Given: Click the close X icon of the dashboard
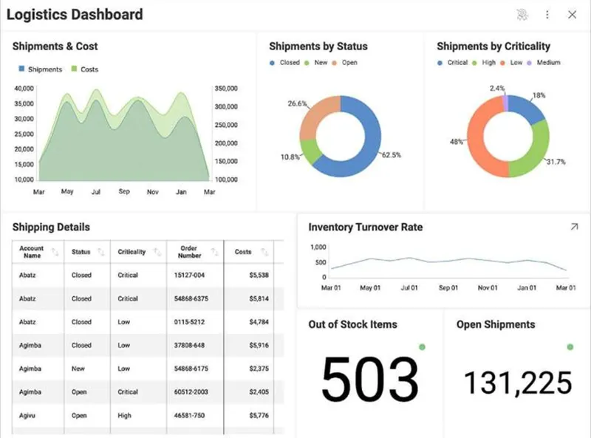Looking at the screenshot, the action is click(x=572, y=15).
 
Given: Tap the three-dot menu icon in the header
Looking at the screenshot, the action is click(x=547, y=15).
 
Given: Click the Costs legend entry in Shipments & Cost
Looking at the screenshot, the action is click(x=85, y=69).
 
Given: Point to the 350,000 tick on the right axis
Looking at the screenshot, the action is click(x=226, y=89).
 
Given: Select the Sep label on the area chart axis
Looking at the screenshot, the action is click(x=124, y=191).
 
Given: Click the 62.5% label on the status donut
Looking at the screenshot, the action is click(x=392, y=155).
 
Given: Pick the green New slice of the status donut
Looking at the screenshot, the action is click(x=310, y=151).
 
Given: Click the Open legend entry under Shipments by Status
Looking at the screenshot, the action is click(x=344, y=63).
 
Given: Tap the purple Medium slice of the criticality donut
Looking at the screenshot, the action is click(x=505, y=103).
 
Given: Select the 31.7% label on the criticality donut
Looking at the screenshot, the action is click(x=556, y=162).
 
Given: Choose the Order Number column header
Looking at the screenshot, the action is click(x=189, y=252).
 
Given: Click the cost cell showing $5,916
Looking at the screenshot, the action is click(x=259, y=345).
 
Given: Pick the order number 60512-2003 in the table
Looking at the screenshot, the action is click(x=191, y=392).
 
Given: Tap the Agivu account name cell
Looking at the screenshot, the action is click(x=27, y=415).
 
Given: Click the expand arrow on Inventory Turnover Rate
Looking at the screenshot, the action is click(x=575, y=227).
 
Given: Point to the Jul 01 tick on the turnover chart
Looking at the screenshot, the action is click(x=409, y=288).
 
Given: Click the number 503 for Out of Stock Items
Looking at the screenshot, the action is click(x=370, y=378).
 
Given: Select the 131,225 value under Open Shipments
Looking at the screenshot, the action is click(x=519, y=383).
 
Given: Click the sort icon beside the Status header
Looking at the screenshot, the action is click(x=101, y=252).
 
